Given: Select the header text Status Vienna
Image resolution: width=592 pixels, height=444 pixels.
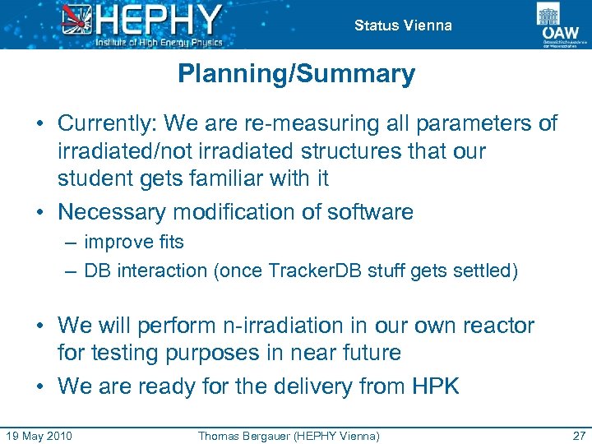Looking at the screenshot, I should (x=403, y=25).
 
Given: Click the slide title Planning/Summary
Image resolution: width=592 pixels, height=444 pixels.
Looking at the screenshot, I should (x=296, y=75).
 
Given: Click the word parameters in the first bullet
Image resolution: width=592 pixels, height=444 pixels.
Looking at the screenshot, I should (x=476, y=123).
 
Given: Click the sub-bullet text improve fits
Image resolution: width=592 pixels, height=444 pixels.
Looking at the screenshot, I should (x=134, y=243).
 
